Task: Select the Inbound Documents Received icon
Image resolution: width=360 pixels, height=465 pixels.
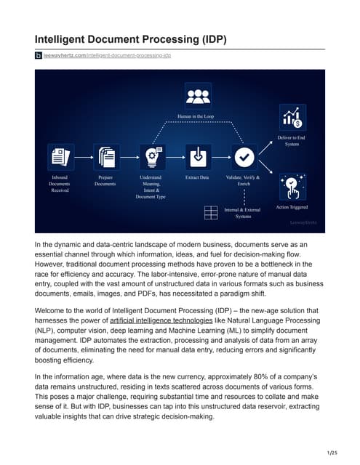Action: click(x=60, y=156)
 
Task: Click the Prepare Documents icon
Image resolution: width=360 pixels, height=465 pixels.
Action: click(x=105, y=156)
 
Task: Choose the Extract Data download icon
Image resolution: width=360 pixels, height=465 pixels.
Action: click(x=196, y=156)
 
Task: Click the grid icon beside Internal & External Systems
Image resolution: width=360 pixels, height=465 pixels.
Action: click(x=211, y=212)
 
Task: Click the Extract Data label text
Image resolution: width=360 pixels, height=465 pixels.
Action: click(x=196, y=177)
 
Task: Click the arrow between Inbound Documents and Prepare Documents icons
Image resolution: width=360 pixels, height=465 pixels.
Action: click(x=82, y=156)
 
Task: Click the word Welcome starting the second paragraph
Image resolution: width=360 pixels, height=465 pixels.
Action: click(x=52, y=310)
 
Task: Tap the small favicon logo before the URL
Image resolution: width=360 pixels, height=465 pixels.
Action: click(x=39, y=56)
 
